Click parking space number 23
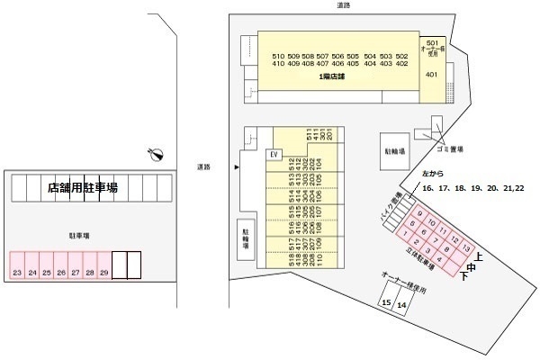click(17, 272)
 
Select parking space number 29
click(103, 272)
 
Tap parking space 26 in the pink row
click(60, 272)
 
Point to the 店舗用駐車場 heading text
click(83, 188)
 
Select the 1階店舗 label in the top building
click(332, 77)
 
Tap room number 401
click(432, 74)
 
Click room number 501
click(432, 42)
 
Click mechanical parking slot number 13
click(465, 247)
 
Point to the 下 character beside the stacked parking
click(464, 276)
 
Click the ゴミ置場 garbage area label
click(450, 149)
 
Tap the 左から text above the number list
click(434, 173)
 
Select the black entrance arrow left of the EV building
click(237, 167)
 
